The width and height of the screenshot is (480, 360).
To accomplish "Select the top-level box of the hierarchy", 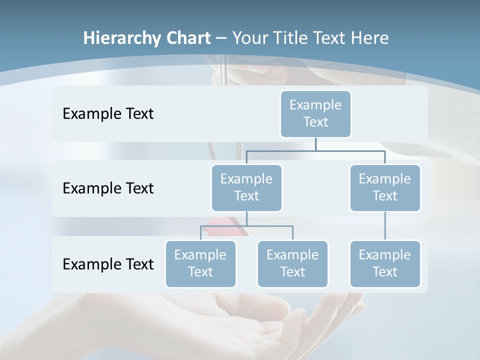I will pyautogui.click(x=315, y=113).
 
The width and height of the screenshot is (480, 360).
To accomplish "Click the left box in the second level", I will pyautogui.click(x=246, y=187).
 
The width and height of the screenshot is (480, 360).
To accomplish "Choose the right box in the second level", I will pyautogui.click(x=385, y=187).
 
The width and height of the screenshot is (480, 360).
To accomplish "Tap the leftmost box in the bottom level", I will pyautogui.click(x=200, y=263).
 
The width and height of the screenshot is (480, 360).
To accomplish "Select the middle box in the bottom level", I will pyautogui.click(x=292, y=263).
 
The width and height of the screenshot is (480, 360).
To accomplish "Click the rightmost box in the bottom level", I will pyautogui.click(x=385, y=263).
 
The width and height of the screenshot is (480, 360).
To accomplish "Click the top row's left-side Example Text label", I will pyautogui.click(x=108, y=113).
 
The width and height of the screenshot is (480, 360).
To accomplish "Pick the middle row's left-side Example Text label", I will pyautogui.click(x=108, y=188).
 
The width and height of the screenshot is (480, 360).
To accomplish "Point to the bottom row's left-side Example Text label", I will pyautogui.click(x=108, y=264).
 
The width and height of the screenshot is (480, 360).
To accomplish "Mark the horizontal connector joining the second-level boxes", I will pyautogui.click(x=315, y=150).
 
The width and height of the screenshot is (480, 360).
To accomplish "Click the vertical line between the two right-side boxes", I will pyautogui.click(x=385, y=226).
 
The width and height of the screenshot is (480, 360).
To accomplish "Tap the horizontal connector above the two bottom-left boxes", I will pyautogui.click(x=246, y=226).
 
